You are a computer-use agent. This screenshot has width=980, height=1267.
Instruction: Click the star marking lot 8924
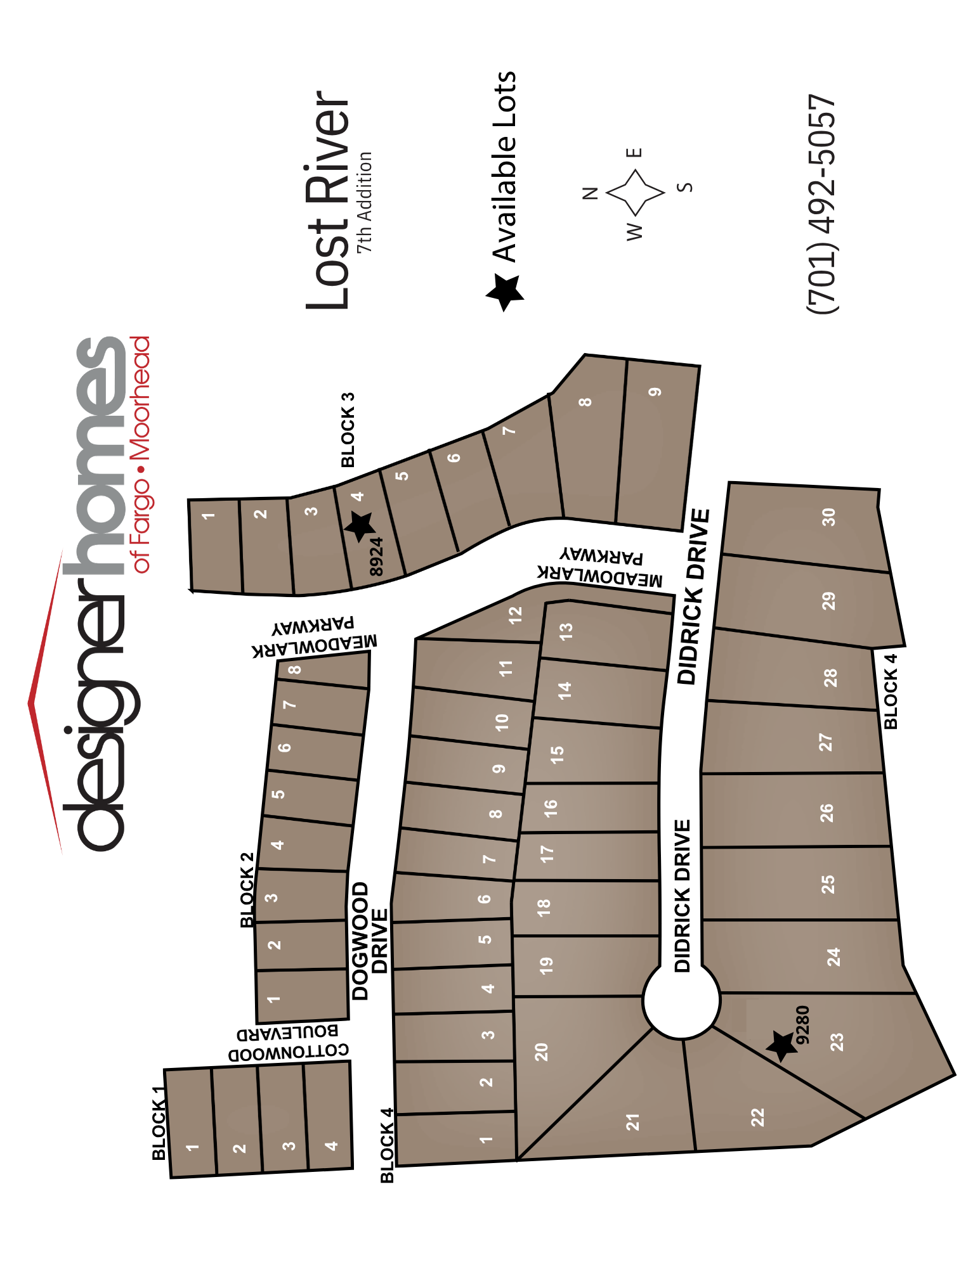coord(360,526)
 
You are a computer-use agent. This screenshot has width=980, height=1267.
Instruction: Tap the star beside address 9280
coord(781,1045)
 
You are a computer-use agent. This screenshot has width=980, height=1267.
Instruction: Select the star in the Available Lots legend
coord(506,292)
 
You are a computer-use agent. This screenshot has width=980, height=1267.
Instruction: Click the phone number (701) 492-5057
coord(822,203)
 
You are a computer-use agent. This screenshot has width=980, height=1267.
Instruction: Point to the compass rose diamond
coord(635,192)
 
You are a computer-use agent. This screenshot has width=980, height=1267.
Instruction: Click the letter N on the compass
coord(590,193)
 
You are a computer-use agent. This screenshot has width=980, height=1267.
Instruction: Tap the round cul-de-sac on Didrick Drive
coord(681,1000)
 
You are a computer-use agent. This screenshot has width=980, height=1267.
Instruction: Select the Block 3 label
coord(348,430)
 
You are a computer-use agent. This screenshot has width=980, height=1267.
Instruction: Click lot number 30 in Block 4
coord(828,517)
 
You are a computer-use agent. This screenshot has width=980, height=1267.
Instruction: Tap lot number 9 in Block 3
coord(655,392)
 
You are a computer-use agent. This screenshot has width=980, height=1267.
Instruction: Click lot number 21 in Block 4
coord(632,1122)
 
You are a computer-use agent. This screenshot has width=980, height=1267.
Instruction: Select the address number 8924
coord(376,556)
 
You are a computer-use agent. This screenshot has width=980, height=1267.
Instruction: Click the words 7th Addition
coord(364,202)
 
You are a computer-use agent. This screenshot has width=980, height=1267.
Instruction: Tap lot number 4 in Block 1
coord(331,1145)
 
